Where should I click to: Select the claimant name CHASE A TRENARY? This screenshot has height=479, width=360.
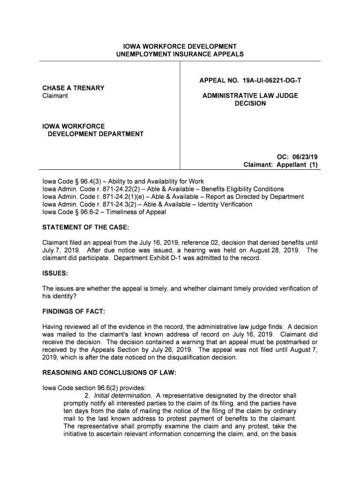73,88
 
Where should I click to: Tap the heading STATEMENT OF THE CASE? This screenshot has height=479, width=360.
86,227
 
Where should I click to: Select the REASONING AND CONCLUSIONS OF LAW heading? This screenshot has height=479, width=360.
109,373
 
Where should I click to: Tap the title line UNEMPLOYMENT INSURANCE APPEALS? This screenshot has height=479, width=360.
180,54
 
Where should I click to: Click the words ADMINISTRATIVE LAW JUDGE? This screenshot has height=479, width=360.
250,96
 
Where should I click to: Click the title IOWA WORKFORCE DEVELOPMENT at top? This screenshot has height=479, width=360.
180,47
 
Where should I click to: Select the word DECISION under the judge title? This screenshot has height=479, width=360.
250,103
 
